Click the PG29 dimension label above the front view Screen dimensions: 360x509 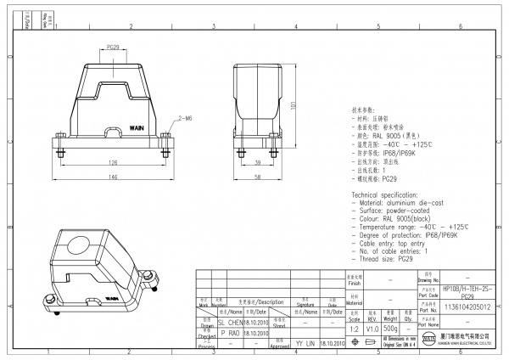click(x=112, y=48)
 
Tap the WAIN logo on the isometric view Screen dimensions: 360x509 click(x=112, y=298)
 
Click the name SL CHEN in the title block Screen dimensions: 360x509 click(x=231, y=323)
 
